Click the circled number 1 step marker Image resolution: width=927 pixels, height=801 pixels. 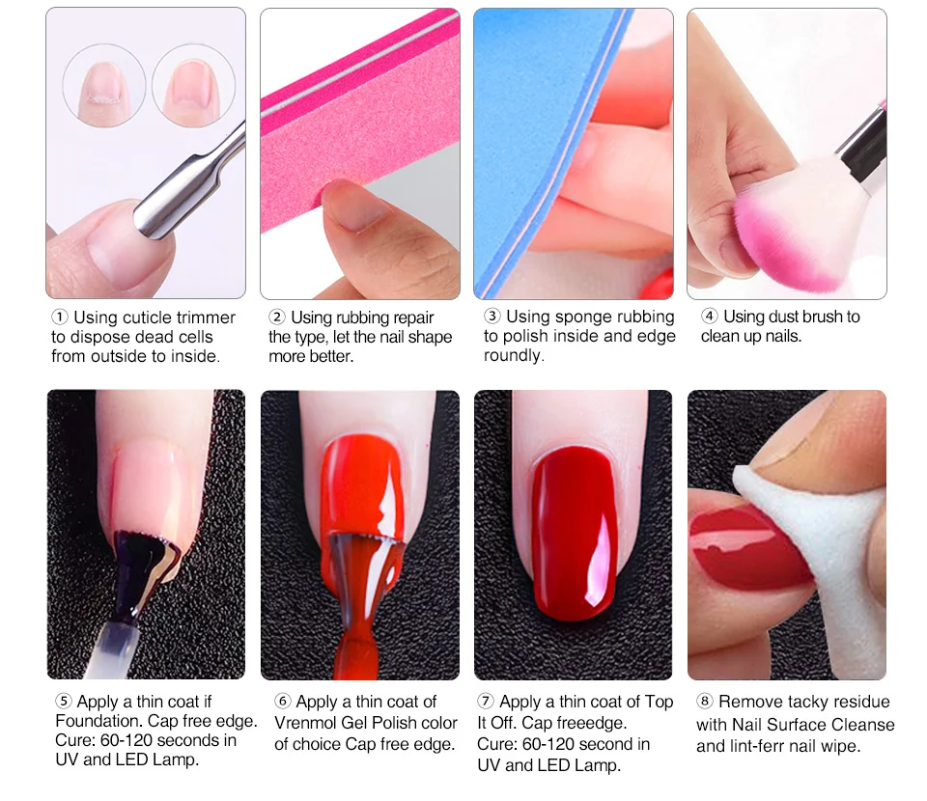click(60, 318)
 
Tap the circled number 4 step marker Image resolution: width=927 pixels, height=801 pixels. click(710, 316)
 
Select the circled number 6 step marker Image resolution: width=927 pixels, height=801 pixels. click(283, 702)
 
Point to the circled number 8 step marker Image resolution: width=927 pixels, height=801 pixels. click(704, 702)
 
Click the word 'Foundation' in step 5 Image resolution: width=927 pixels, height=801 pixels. click(98, 721)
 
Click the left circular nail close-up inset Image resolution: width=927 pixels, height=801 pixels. click(104, 85)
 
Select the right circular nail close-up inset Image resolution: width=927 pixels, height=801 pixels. click(193, 85)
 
